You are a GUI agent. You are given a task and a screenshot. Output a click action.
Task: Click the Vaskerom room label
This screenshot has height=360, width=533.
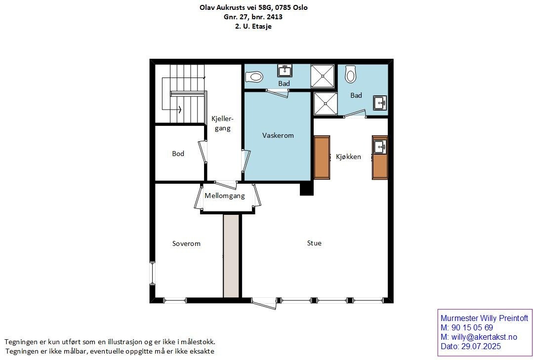tap(278, 135)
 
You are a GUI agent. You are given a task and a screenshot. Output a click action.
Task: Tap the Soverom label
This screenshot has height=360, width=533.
tap(186, 243)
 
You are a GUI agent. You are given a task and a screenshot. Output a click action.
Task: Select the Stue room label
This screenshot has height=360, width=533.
tap(314, 243)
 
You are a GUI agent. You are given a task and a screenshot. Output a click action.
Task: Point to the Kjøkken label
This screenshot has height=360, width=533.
tap(348, 157)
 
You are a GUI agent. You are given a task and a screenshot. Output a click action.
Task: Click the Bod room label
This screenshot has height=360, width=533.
tap(178, 154)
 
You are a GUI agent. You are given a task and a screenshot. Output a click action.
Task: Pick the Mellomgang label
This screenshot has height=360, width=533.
tap(225, 196)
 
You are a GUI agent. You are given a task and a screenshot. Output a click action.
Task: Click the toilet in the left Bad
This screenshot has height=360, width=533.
tap(254, 77)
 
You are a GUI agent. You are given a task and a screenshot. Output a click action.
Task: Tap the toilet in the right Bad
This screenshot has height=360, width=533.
tap(350, 75)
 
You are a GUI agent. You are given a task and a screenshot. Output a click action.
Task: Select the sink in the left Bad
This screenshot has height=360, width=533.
tap(285, 71)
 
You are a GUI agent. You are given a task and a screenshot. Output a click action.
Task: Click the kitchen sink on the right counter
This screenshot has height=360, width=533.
tap(380, 147)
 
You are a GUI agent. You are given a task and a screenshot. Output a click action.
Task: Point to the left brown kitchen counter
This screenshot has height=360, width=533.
tap(322, 158)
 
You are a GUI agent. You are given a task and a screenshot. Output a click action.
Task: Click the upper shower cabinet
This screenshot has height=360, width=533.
tap(322, 76)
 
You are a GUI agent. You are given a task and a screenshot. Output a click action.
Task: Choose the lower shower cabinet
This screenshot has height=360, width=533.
tap(326, 103)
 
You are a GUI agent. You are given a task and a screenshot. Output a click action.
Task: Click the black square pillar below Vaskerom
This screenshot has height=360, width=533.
tap(307, 188)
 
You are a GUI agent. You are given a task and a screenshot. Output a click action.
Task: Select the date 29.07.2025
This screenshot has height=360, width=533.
tap(481, 346)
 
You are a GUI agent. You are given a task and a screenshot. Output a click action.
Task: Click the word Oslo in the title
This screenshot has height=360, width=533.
tap(299, 7)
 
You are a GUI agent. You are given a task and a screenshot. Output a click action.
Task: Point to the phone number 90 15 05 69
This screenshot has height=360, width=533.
tap(472, 328)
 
